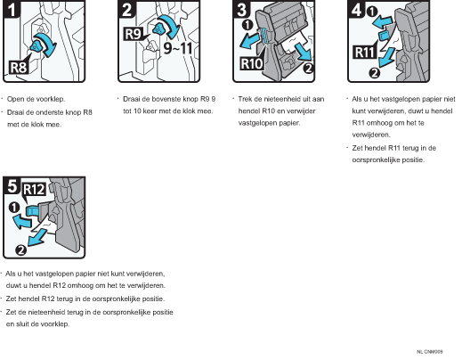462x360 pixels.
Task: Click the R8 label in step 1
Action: pyautogui.click(x=19, y=68)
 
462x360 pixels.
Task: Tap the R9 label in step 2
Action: pyautogui.click(x=134, y=34)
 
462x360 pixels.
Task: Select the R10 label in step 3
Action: pyautogui.click(x=252, y=63)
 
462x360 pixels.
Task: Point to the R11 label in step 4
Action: pyautogui.click(x=365, y=52)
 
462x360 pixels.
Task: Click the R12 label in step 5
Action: pyautogui.click(x=34, y=189)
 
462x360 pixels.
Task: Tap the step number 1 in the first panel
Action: pyautogui.click(x=12, y=10)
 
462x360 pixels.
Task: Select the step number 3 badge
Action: pyautogui.click(x=241, y=10)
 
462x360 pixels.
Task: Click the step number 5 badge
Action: pyautogui.click(x=12, y=185)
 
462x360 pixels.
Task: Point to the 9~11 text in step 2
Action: pyautogui.click(x=178, y=48)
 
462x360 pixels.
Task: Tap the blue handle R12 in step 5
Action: pyautogui.click(x=32, y=211)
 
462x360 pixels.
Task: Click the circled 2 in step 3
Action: pyautogui.click(x=309, y=68)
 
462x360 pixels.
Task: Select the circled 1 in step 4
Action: pyautogui.click(x=372, y=12)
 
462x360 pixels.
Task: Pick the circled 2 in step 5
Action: pyautogui.click(x=20, y=250)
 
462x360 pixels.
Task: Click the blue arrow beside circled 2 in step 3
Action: pyautogui.click(x=304, y=52)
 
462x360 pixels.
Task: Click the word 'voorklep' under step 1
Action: pyautogui.click(x=52, y=99)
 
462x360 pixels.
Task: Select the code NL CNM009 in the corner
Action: pyautogui.click(x=430, y=352)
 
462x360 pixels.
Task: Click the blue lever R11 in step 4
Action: pyautogui.click(x=383, y=35)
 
